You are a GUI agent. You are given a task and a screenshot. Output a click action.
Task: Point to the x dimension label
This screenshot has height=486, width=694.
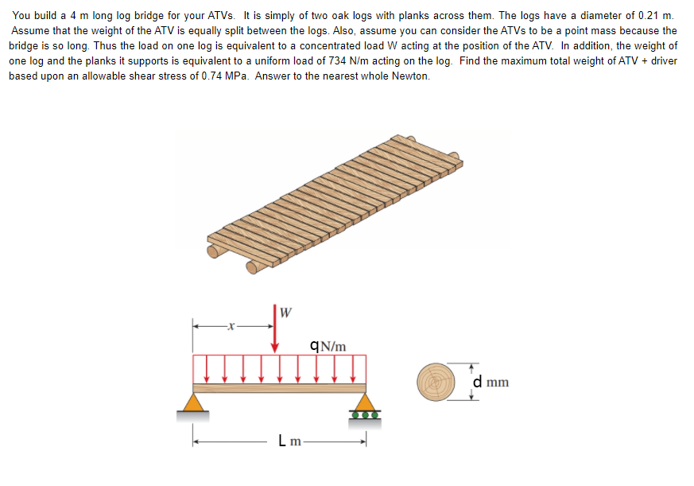[x=230, y=325]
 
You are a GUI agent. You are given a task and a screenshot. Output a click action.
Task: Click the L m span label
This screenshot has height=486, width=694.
[x=289, y=440]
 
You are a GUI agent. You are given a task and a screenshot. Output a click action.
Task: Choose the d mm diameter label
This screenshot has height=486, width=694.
[x=490, y=382]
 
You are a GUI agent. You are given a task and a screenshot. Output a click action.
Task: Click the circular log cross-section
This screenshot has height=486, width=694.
[x=435, y=380]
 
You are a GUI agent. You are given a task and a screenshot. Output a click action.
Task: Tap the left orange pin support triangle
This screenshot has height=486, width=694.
[x=192, y=401]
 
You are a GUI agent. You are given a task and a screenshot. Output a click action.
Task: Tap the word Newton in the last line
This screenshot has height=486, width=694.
[x=411, y=76]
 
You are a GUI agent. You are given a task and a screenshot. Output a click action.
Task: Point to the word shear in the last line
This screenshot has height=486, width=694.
[x=160, y=76]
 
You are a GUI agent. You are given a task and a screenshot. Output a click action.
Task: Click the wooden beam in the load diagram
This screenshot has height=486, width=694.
[x=279, y=388]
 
